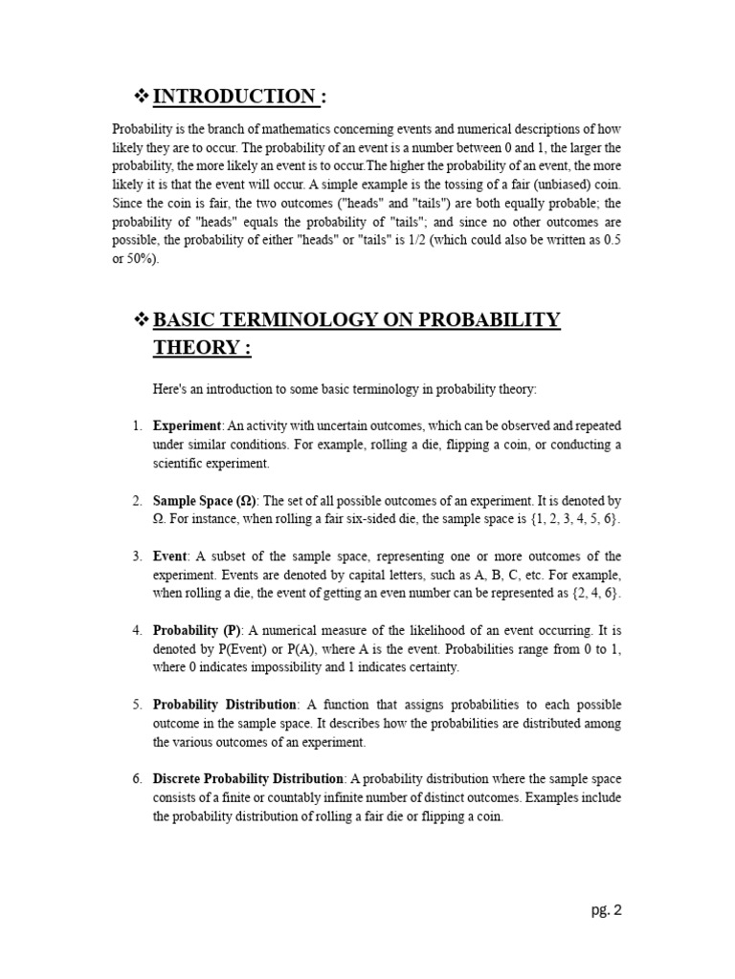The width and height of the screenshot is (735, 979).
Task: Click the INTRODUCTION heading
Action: [235, 96]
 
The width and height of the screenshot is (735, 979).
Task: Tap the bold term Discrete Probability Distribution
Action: [248, 778]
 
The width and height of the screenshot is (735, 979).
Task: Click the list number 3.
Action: [137, 556]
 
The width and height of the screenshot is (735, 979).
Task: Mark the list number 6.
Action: [137, 778]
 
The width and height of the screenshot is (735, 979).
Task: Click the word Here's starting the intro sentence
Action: [169, 389]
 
